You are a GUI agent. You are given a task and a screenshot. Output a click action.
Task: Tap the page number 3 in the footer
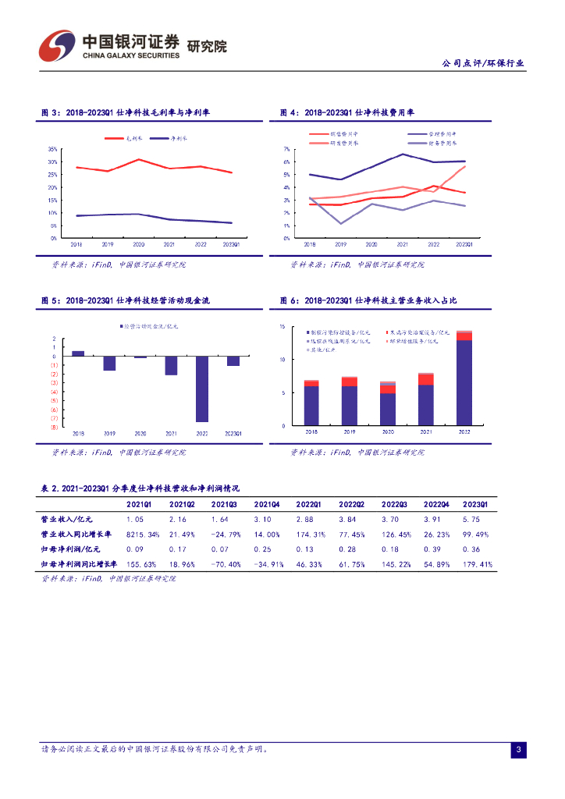coord(517,750)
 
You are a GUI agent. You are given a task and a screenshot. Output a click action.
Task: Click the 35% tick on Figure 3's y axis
coord(53,149)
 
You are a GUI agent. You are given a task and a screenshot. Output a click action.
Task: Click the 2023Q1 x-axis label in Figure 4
coord(465,244)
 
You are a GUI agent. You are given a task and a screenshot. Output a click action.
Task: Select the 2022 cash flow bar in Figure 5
coord(201,389)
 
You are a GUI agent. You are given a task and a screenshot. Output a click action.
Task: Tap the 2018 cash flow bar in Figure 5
coord(78,353)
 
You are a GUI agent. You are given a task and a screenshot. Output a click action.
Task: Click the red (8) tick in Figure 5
coord(54,427)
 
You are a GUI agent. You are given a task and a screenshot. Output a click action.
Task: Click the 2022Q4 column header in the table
coord(434,504)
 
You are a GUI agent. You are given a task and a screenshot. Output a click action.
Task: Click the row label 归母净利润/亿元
coord(67,549)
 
